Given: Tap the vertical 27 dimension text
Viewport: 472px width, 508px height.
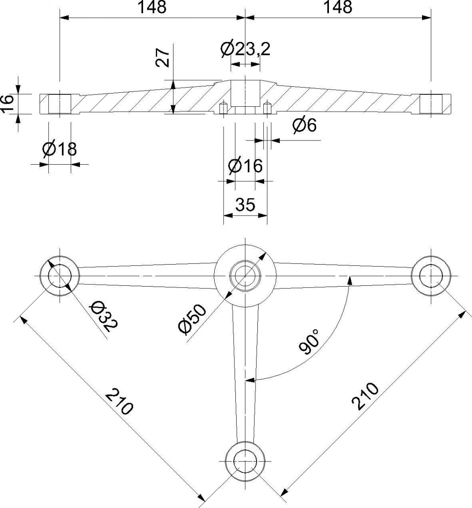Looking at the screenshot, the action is [x=162, y=58].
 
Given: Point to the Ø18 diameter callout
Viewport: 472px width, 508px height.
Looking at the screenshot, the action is [x=59, y=149].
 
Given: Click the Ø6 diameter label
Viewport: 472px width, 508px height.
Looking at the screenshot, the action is [x=305, y=125].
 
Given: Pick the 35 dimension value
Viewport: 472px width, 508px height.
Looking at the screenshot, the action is [x=245, y=204].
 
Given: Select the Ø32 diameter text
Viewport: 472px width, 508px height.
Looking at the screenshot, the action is [x=105, y=316].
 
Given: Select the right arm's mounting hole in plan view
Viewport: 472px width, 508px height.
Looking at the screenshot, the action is [x=431, y=276].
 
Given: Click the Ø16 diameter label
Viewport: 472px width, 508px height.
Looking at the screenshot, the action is [x=245, y=166].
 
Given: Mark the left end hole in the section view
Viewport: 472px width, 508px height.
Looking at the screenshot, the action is [x=60, y=104].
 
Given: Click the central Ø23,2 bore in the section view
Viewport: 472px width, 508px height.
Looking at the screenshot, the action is [x=246, y=94].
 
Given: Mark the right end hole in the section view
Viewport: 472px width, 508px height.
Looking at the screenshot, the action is [x=431, y=104].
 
